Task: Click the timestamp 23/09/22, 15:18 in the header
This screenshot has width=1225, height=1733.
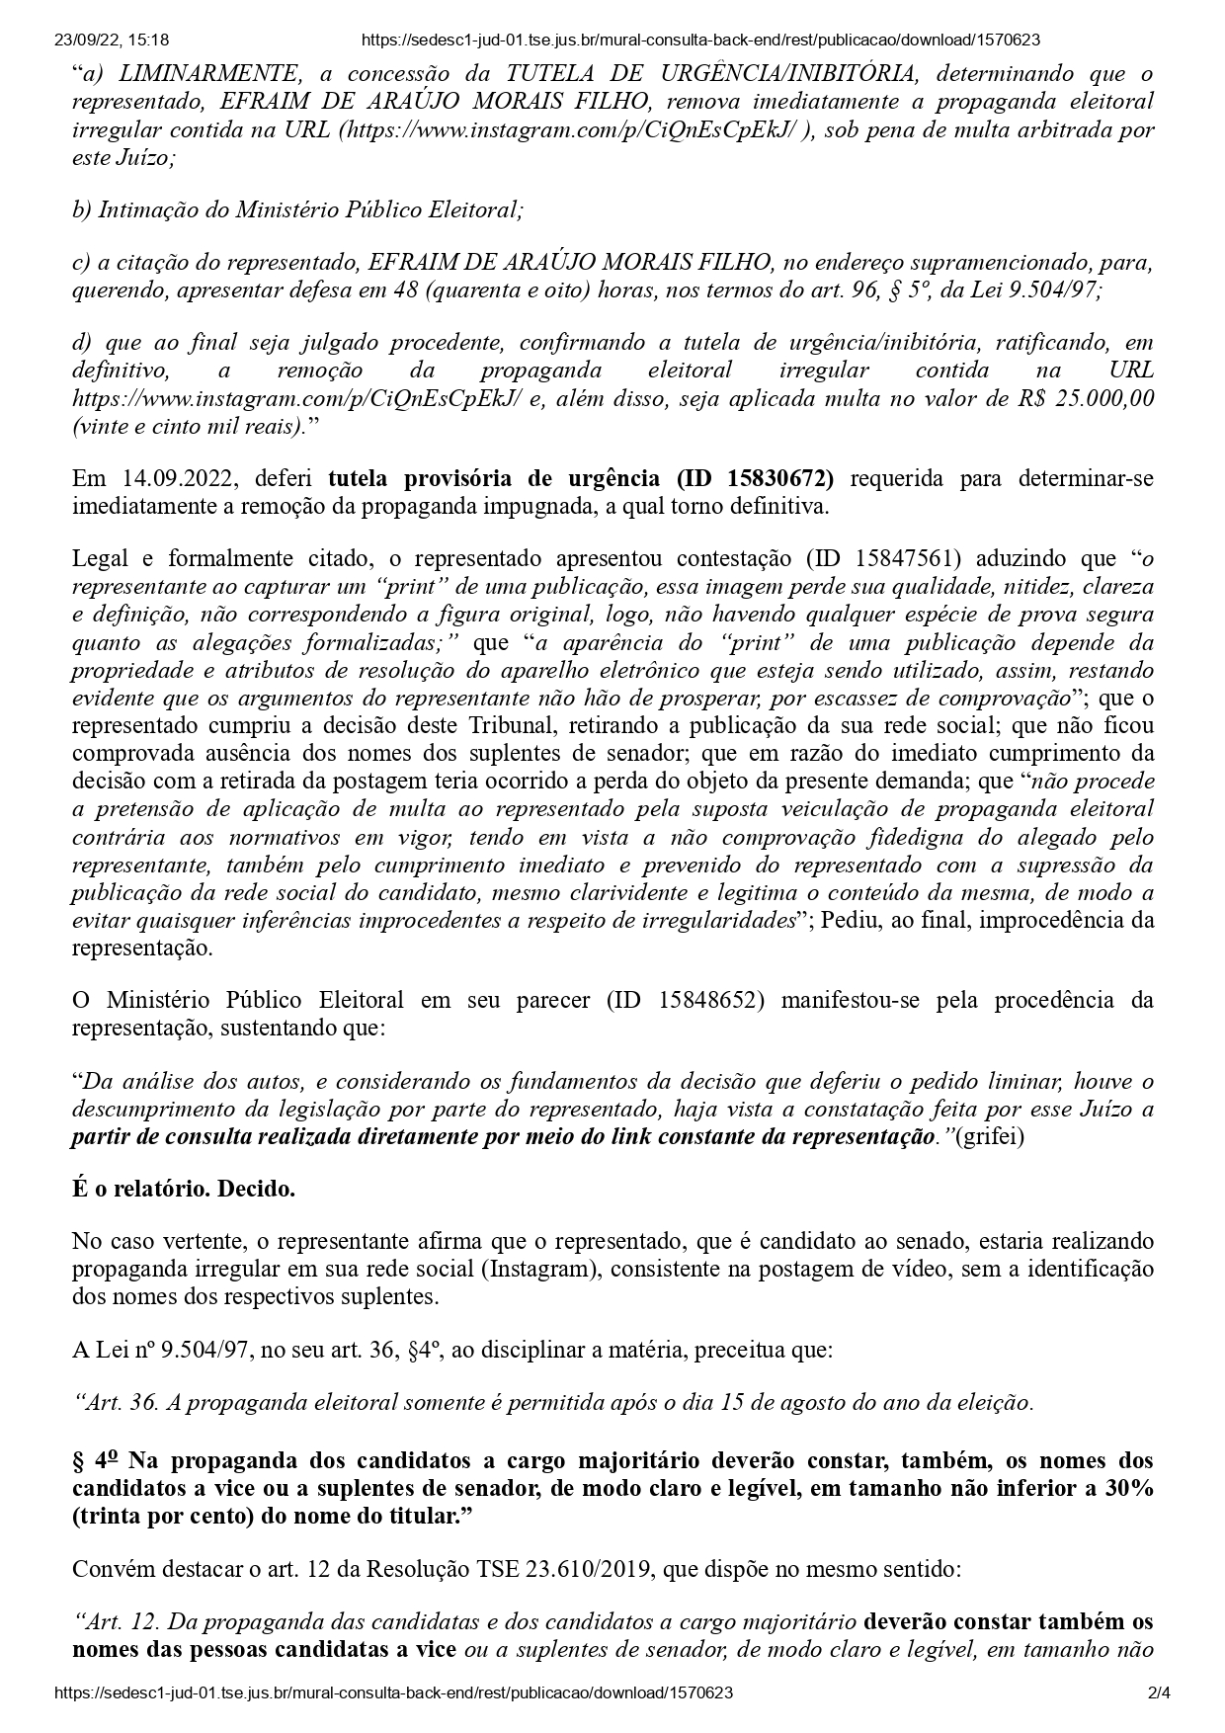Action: [112, 41]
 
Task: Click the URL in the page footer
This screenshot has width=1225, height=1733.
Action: [394, 1692]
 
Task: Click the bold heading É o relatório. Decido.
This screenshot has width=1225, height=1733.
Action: [184, 1189]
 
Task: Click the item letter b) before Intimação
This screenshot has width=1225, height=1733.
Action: [81, 209]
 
